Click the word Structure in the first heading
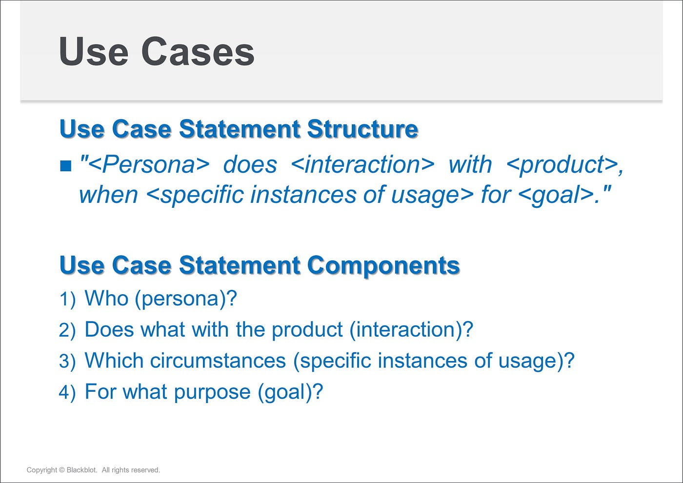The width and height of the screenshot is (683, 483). click(362, 129)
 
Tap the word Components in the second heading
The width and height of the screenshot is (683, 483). click(383, 265)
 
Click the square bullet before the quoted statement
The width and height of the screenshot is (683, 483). click(66, 166)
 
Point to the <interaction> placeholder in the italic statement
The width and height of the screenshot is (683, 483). click(362, 165)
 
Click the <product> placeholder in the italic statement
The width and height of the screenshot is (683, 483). click(561, 165)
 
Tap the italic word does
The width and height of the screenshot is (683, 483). click(250, 165)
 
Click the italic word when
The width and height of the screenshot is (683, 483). click(108, 195)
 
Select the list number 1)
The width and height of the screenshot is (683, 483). click(67, 299)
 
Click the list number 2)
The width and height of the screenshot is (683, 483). click(67, 330)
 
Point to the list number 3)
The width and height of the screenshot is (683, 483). click(67, 362)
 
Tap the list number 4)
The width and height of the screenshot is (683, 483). click(67, 392)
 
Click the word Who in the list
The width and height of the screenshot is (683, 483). click(106, 298)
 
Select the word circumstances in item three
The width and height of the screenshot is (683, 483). click(218, 361)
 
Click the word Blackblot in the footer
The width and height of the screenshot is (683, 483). click(82, 470)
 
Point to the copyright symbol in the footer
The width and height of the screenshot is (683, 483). click(61, 470)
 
